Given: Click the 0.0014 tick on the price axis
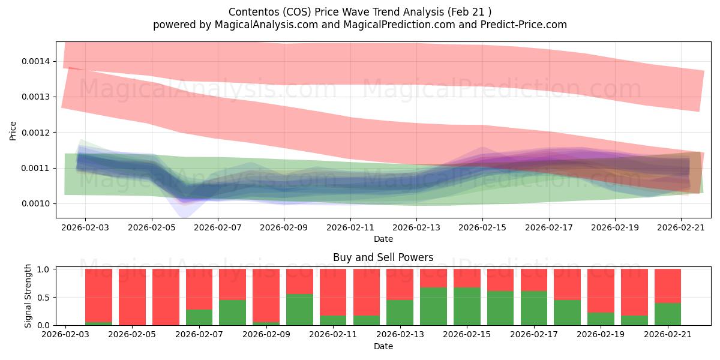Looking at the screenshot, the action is [35, 61].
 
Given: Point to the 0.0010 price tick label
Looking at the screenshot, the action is [35, 204].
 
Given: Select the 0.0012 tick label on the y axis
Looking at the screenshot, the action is [35, 133].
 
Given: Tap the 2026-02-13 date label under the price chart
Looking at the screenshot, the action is [416, 227].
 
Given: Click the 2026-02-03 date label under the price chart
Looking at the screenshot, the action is [85, 227].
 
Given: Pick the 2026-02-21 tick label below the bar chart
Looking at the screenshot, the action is [668, 334].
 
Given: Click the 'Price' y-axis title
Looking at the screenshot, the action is [13, 131].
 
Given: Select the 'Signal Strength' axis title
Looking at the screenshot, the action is [28, 296].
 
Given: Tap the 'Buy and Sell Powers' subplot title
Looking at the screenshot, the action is [383, 257].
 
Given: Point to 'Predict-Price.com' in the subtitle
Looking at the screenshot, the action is [524, 25].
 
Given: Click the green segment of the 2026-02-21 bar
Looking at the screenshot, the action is [668, 314].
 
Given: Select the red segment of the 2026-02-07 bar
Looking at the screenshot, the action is [199, 289].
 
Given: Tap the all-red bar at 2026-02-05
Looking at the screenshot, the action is [132, 298].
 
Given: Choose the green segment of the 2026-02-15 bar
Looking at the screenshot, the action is [467, 307].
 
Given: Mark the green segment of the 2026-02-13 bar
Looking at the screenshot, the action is [400, 313].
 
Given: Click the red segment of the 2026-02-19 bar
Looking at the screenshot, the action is [601, 291].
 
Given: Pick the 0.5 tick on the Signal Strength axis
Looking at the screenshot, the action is [43, 298].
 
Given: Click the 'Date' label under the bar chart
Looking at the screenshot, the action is [383, 346].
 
